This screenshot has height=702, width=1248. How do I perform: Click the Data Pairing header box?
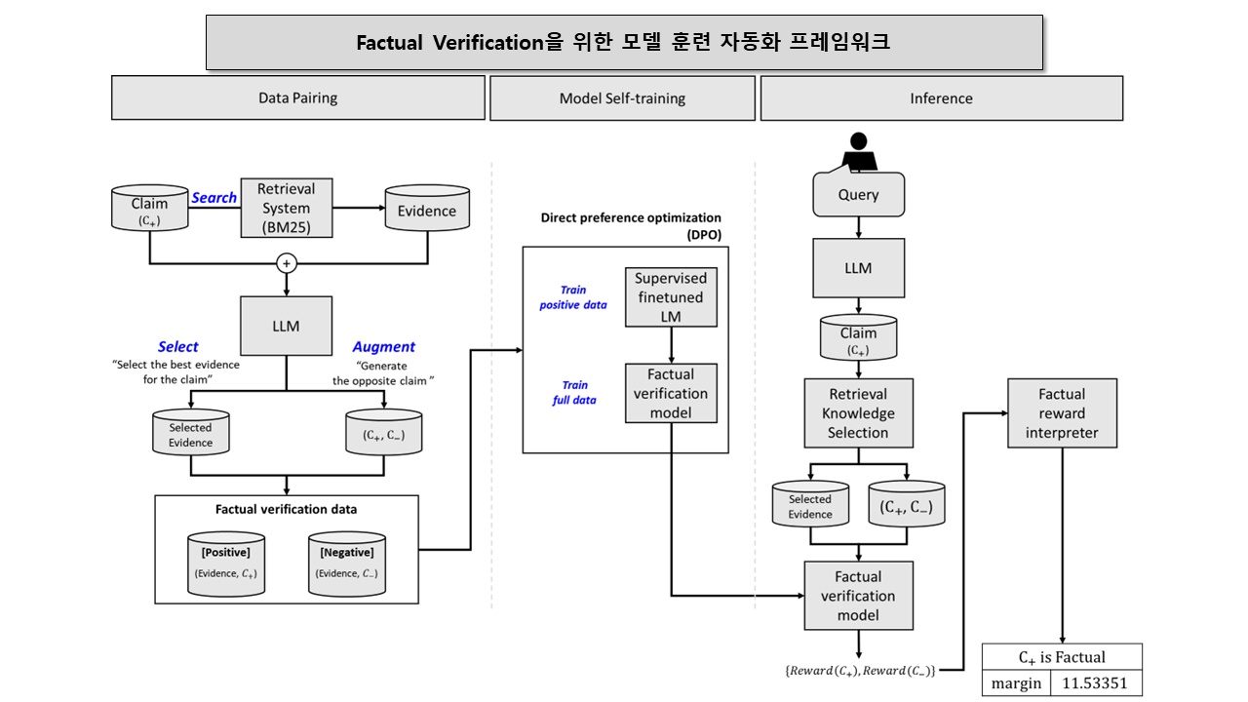(x=297, y=98)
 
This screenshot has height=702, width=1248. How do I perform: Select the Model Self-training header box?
(x=622, y=98)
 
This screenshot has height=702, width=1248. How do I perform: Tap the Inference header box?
(x=941, y=98)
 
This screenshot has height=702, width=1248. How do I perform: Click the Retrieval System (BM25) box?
(x=286, y=208)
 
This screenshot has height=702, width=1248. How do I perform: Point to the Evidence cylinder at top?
(x=425, y=210)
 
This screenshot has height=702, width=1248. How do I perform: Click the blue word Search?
(x=214, y=198)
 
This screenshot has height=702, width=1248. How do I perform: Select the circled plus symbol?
(x=287, y=263)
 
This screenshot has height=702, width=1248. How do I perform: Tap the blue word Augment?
(x=383, y=347)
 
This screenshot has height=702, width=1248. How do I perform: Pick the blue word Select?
(x=177, y=347)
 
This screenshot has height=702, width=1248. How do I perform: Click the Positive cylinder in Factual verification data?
(x=226, y=564)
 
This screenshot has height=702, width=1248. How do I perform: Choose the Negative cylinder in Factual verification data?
(x=346, y=564)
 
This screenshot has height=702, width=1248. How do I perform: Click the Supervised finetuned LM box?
(x=671, y=297)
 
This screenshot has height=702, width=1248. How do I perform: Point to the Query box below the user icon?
(x=858, y=195)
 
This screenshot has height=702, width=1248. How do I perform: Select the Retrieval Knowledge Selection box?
(x=858, y=413)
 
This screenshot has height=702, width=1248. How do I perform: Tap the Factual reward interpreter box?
(x=1061, y=413)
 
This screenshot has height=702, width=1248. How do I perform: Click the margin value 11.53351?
(x=1095, y=683)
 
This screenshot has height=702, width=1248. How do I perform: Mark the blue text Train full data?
(x=574, y=393)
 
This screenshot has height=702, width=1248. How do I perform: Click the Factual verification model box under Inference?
(x=858, y=596)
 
